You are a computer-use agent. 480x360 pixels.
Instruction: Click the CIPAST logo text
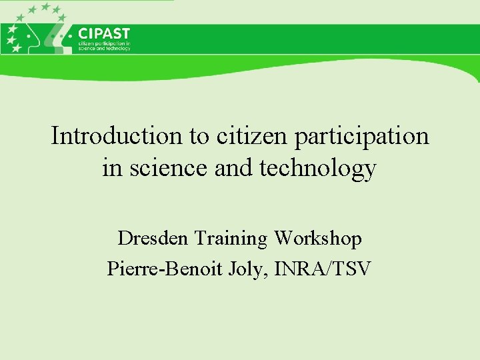pos(103,33)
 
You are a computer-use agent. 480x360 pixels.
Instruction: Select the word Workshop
pos(318,238)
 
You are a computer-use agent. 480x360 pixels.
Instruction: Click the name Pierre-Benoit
pos(158,269)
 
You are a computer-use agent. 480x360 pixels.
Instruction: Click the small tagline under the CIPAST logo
pos(104,46)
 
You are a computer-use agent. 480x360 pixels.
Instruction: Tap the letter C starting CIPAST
pos(83,33)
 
